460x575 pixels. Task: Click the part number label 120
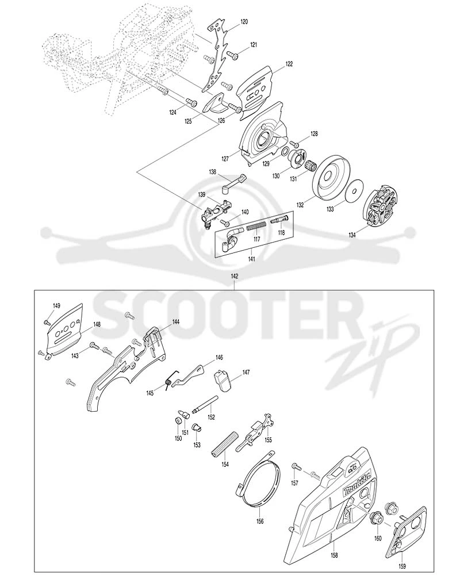[x=244, y=22]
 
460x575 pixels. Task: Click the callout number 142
[x=235, y=276]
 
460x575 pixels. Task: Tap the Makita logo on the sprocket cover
[x=356, y=485]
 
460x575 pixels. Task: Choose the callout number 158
[x=334, y=555]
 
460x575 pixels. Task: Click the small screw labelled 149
[x=47, y=321]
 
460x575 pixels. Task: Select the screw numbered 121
[x=232, y=55]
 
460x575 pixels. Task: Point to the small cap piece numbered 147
[x=223, y=380]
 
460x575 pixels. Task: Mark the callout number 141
[x=252, y=259]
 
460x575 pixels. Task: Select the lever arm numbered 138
[x=233, y=183]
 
